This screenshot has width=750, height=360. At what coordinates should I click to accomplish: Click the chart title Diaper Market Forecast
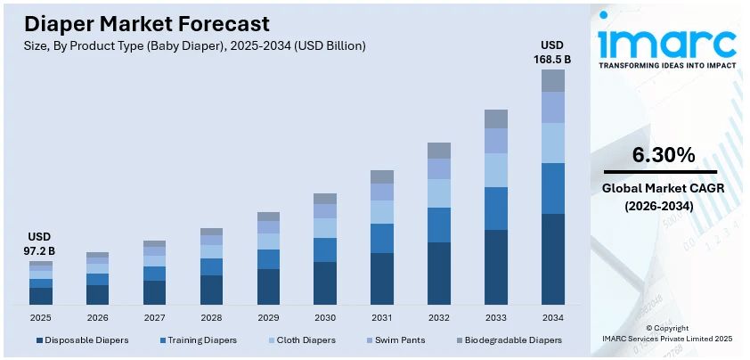tap(147, 23)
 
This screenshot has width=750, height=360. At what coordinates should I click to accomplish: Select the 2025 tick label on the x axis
tap(41, 317)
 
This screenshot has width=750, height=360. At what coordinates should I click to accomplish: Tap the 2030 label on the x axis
tap(325, 317)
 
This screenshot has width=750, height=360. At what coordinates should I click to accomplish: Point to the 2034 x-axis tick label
tap(552, 317)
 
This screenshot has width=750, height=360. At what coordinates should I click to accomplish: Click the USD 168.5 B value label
tap(552, 53)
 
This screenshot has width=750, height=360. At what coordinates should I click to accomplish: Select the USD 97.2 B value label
tap(40, 243)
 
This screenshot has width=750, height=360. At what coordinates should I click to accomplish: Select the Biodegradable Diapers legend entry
tap(507, 340)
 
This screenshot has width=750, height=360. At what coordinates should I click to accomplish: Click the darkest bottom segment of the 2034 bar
tap(553, 258)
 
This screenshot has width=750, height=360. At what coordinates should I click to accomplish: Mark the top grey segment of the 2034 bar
tap(553, 80)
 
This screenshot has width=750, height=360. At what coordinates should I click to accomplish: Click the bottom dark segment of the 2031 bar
tap(382, 278)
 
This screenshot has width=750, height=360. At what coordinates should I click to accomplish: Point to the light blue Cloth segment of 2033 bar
tap(496, 169)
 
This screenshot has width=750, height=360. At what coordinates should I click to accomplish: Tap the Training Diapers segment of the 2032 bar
tap(439, 225)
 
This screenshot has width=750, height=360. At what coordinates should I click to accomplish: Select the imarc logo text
tap(667, 39)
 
